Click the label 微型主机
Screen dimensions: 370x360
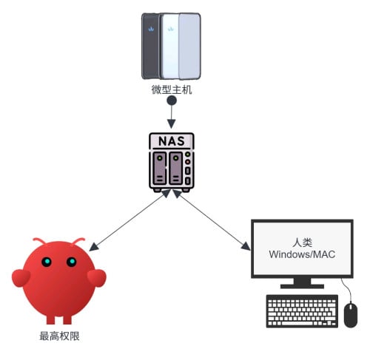point(172,89)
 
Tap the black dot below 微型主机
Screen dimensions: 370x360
point(172,101)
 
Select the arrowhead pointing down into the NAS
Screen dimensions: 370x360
point(172,123)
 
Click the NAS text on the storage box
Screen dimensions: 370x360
point(172,141)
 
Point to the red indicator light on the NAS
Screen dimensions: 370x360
point(188,162)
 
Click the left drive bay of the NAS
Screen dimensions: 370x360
point(160,169)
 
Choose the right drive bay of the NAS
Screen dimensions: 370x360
point(175,169)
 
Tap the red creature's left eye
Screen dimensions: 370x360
point(47,262)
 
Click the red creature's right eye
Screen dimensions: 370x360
point(72,262)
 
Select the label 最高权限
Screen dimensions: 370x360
point(59,336)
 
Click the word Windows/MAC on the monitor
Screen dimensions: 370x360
point(302,254)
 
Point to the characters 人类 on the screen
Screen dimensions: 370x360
point(302,242)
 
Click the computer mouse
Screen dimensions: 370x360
point(351,315)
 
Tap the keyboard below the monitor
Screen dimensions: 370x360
point(302,311)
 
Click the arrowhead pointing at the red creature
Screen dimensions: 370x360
point(94,247)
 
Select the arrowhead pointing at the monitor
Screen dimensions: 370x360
point(246,246)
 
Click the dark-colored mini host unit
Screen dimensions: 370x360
point(150,46)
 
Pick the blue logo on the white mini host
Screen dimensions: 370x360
point(170,29)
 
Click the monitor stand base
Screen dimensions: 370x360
point(302,286)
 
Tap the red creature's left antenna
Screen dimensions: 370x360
point(39,240)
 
